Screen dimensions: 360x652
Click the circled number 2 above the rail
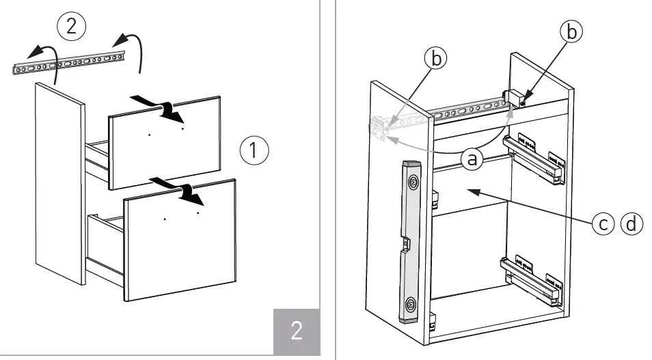(x=72, y=27)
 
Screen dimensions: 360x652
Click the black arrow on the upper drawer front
(x=158, y=105)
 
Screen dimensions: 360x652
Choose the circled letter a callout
(x=470, y=159)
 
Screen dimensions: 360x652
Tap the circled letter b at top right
(x=572, y=31)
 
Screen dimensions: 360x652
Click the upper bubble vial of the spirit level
(x=413, y=182)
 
